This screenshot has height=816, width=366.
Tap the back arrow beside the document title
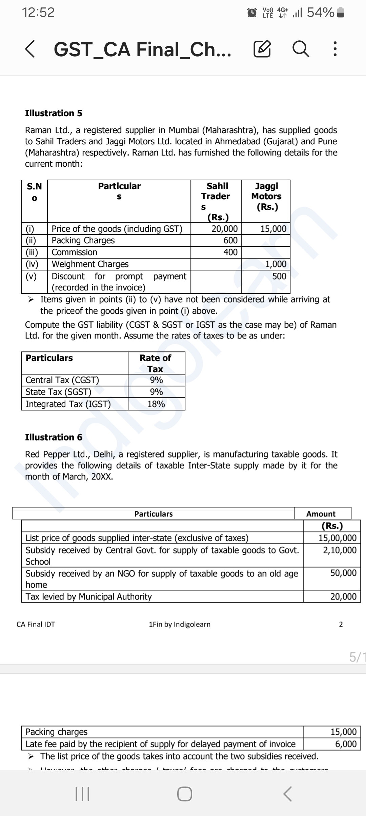click(x=30, y=49)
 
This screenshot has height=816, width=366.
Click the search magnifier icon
click(x=301, y=49)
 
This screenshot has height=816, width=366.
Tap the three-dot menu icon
click(x=335, y=49)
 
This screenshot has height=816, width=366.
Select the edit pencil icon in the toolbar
click(x=262, y=49)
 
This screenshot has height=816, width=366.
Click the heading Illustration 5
click(x=54, y=113)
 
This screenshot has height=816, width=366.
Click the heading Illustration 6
click(x=54, y=437)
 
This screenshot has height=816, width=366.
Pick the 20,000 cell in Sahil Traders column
click(x=225, y=229)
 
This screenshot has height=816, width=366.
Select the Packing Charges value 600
click(x=230, y=240)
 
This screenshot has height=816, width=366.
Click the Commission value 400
click(x=230, y=252)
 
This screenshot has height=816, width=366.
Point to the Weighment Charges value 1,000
click(x=276, y=264)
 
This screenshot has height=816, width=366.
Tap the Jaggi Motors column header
click(x=266, y=196)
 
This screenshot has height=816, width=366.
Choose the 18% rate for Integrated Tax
click(x=156, y=404)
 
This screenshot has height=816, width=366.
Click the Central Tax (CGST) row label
click(x=62, y=380)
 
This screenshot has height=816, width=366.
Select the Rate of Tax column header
click(x=156, y=363)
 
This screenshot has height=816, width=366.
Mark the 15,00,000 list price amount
click(x=338, y=538)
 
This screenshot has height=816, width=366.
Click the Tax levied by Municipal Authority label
click(x=89, y=596)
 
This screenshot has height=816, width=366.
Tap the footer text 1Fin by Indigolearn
click(x=180, y=624)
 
